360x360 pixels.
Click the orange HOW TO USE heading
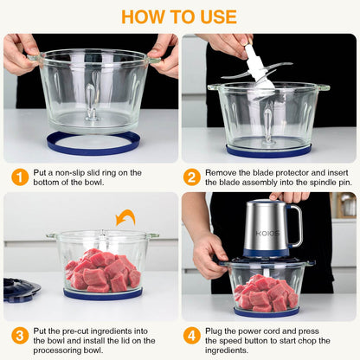coord(179,16)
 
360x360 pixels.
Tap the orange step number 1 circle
coord(19,177)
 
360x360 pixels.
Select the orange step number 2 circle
coord(192,177)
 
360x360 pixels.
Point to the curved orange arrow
coord(126,217)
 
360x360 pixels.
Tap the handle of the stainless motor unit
coord(295,224)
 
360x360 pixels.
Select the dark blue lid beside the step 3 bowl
coord(19,289)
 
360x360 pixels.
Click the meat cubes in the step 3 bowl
coord(101,269)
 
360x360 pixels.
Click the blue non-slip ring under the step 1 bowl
coord(93,145)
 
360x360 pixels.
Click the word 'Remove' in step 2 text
coord(222,173)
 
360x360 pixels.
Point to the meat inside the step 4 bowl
coord(266,293)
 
